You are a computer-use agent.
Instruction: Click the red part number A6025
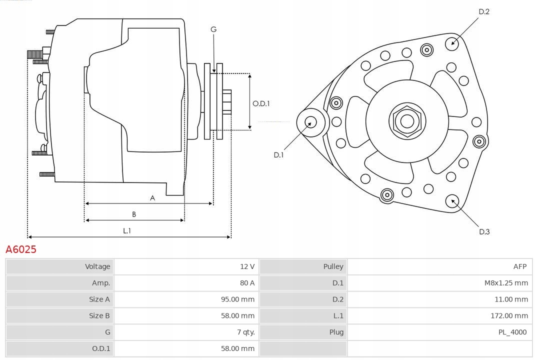(x=21, y=249)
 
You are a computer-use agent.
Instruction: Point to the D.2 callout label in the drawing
(x=483, y=11)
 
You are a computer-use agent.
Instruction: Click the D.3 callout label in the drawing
(x=484, y=231)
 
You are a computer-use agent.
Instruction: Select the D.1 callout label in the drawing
(x=278, y=155)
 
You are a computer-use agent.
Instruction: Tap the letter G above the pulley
(x=213, y=29)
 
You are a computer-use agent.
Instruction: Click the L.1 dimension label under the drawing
(x=127, y=230)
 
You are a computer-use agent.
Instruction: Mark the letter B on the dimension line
(x=134, y=214)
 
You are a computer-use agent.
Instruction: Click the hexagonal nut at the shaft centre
(x=407, y=121)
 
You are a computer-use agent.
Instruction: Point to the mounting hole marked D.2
(x=452, y=42)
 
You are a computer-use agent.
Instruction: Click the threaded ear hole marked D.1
(x=311, y=121)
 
